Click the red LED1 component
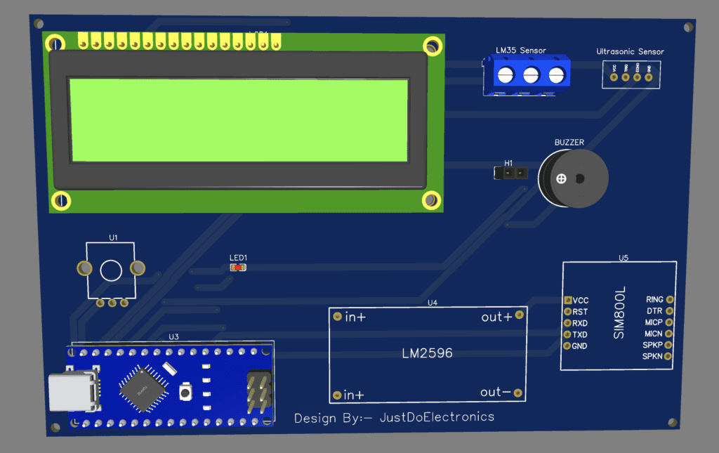[238, 268]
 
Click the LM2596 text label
[427, 353]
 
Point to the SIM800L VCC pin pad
[568, 301]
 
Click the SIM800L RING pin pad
[669, 300]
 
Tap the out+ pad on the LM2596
[519, 315]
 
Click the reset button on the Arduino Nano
[186, 390]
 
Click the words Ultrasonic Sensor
[630, 52]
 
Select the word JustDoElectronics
[437, 417]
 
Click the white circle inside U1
[111, 270]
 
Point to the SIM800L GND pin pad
[568, 346]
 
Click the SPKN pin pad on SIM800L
[669, 357]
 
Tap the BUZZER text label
[569, 143]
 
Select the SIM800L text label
[619, 313]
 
